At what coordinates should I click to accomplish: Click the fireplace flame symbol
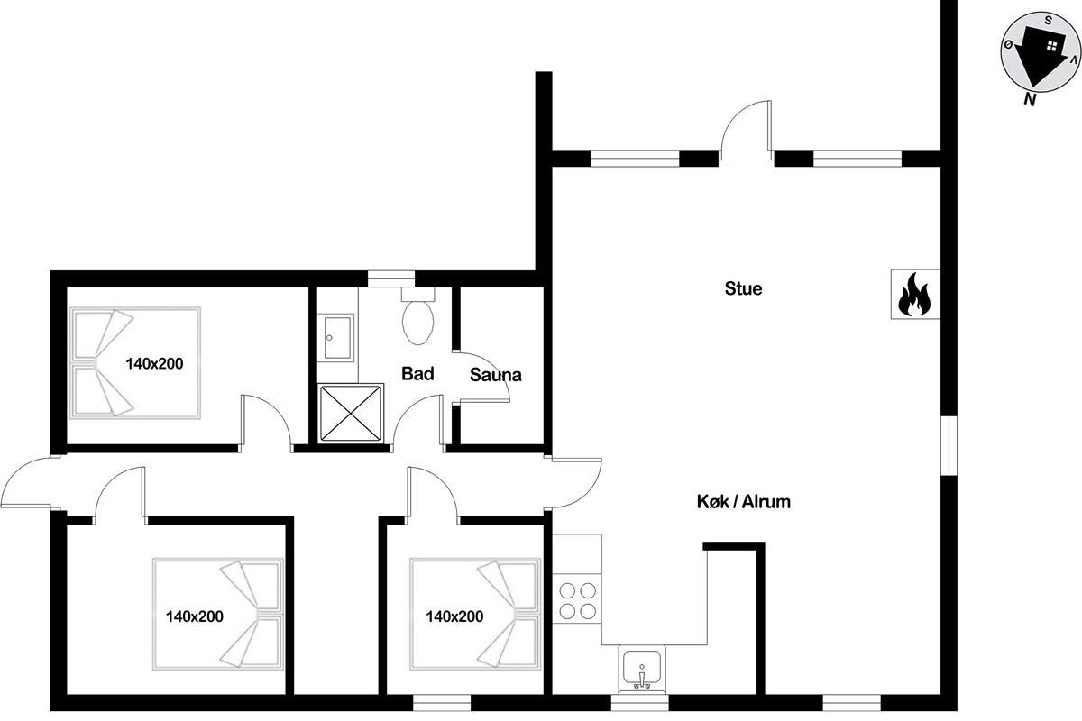[x=914, y=295]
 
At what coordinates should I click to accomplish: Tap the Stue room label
[x=743, y=288]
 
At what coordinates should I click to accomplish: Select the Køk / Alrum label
[x=743, y=502]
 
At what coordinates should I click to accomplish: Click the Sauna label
[x=496, y=375]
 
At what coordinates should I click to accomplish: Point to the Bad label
[x=417, y=374]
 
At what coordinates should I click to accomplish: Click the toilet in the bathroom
[x=417, y=316]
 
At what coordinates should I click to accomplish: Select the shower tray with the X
[x=351, y=413]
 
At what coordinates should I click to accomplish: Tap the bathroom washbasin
[x=337, y=338]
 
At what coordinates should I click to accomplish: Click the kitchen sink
[x=642, y=671]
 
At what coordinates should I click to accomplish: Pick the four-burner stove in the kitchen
[x=577, y=601]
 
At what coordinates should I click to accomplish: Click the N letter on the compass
[x=1030, y=99]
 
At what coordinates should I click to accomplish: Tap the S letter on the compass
[x=1048, y=21]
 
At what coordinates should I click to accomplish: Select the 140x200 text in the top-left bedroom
[x=154, y=363]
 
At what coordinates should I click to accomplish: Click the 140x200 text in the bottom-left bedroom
[x=195, y=616]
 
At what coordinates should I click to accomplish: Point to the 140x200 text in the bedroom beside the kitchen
[x=454, y=616]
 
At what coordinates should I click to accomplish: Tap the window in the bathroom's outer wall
[x=391, y=279]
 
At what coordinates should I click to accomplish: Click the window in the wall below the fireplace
[x=949, y=446]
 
